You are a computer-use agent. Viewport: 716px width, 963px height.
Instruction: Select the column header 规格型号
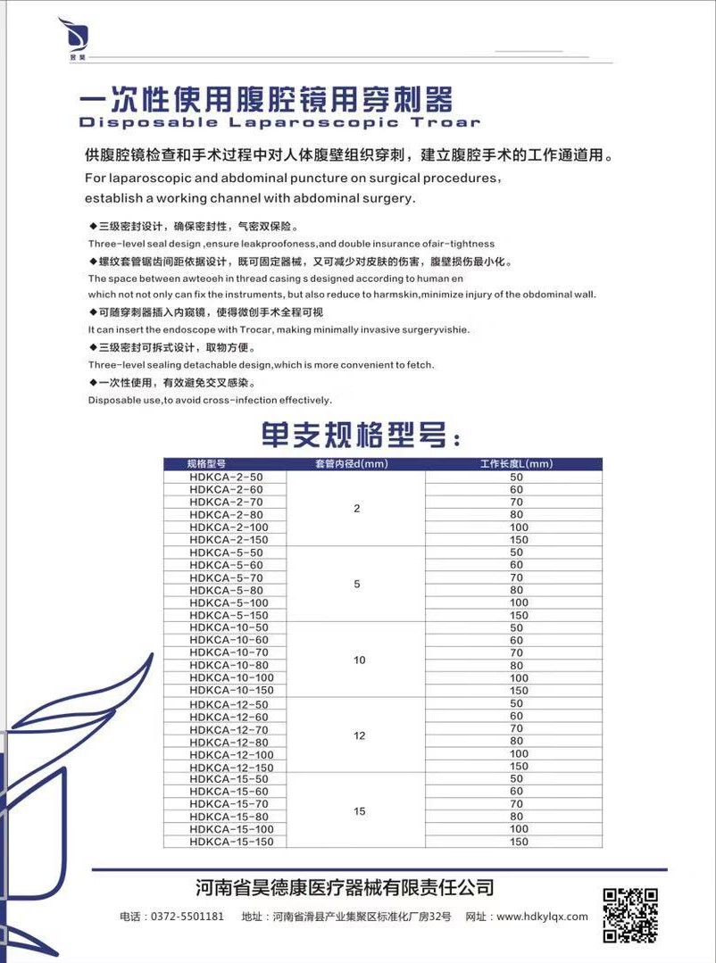tap(206, 464)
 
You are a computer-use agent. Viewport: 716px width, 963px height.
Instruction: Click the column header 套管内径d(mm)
tap(355, 464)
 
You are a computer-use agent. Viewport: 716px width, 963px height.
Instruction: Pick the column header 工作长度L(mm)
tap(517, 464)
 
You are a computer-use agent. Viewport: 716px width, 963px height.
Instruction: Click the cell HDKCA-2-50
tap(227, 477)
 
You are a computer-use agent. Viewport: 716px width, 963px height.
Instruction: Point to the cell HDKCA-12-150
tap(232, 768)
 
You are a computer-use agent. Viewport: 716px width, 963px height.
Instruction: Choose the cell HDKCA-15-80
tap(229, 817)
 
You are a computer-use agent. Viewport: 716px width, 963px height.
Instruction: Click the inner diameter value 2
tap(357, 509)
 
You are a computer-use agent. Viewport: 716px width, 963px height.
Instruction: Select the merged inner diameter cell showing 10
tap(359, 660)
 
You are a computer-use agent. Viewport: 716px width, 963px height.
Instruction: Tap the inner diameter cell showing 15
tap(359, 811)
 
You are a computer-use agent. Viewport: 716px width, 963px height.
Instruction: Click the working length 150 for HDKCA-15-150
tap(519, 842)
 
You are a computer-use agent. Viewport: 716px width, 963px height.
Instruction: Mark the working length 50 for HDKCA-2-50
tap(517, 477)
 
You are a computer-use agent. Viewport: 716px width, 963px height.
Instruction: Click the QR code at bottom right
tap(630, 915)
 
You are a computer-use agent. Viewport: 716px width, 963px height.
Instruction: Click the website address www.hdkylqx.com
tap(542, 917)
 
